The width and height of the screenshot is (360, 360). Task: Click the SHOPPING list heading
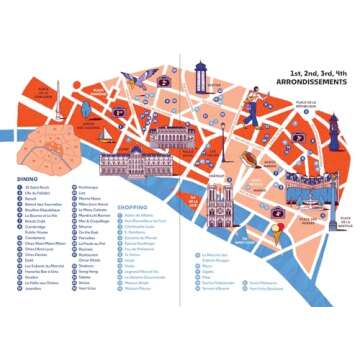coord(133,208)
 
